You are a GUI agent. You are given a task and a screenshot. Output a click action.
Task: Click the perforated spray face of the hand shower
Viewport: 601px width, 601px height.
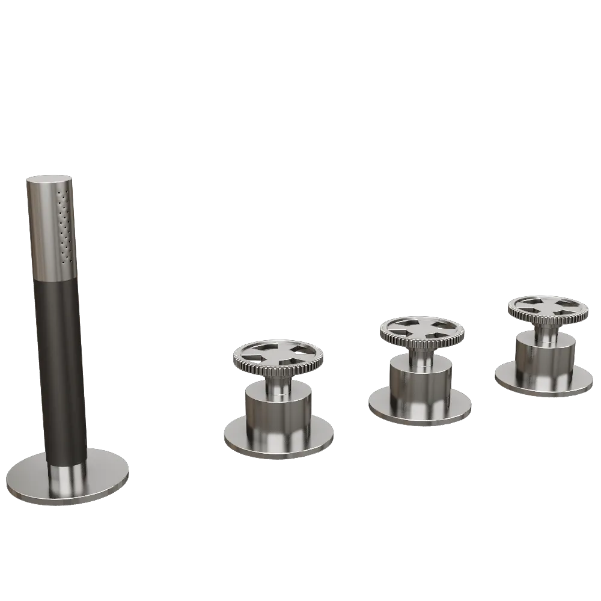(x=66, y=225)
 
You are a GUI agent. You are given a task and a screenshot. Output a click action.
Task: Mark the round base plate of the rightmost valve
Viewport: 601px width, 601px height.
(x=508, y=379)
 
